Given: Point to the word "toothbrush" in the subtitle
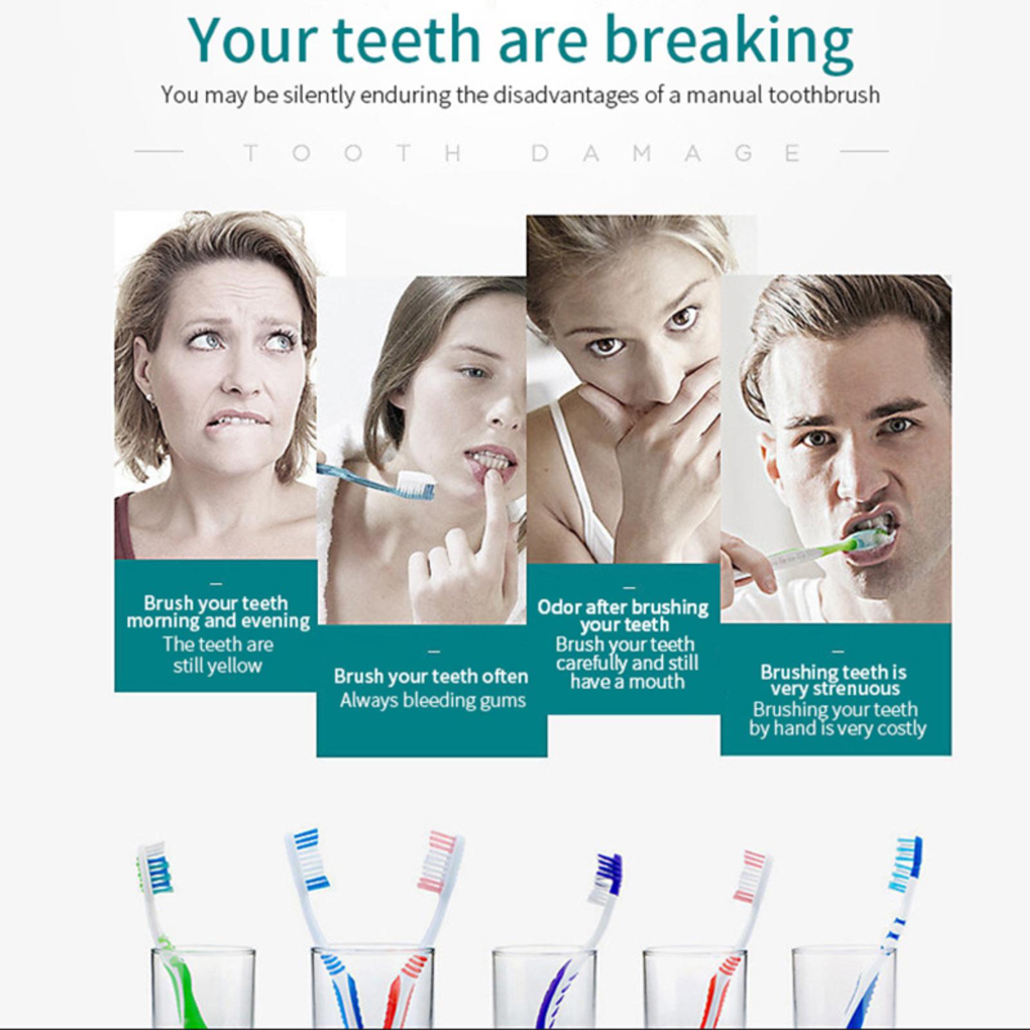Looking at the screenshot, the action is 824,95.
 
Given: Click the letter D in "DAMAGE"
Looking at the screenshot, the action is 541,153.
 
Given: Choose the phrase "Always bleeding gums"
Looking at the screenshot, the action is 433,700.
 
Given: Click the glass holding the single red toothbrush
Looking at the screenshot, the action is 695,988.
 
